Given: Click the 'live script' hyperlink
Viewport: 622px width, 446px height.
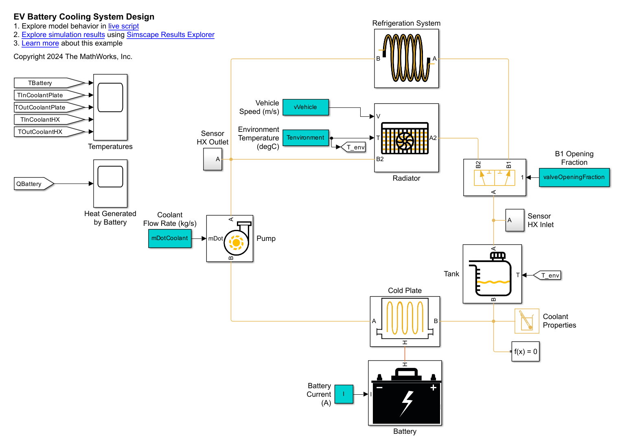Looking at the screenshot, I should [x=123, y=26].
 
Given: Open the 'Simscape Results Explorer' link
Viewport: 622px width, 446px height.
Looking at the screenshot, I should [x=170, y=35].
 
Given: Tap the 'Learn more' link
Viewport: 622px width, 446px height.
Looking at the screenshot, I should [x=40, y=43].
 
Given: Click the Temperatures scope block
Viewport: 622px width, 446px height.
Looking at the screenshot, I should [x=110, y=107].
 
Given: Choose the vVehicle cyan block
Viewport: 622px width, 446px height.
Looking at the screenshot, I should [x=305, y=107].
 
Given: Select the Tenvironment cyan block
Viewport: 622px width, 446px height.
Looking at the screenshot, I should [x=305, y=138].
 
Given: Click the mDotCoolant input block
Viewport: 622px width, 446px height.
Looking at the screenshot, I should [x=170, y=238].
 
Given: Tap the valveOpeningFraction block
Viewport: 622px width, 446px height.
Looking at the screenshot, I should [x=574, y=177].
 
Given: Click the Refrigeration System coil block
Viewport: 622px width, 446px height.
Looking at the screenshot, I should [x=406, y=58].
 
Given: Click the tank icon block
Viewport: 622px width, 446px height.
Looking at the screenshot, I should [x=492, y=273].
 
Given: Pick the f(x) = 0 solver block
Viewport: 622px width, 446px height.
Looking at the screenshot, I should [x=526, y=352].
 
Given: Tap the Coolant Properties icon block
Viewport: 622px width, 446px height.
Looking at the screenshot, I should [x=527, y=321].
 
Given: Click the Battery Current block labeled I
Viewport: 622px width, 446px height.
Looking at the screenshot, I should [x=344, y=394].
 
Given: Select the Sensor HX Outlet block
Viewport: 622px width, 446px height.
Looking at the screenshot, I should [x=212, y=159].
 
